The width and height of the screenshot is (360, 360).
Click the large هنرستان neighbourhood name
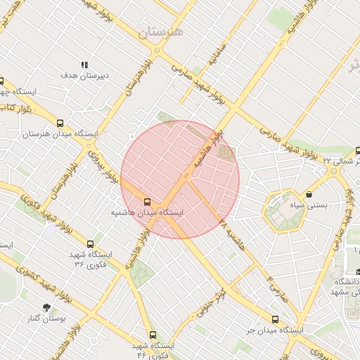[161, 32]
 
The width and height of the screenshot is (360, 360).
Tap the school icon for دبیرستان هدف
[85, 65]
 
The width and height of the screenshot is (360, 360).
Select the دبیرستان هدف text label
[78, 75]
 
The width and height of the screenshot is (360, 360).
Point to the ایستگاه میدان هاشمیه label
[148, 211]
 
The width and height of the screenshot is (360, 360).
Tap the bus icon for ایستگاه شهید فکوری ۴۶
[153, 335]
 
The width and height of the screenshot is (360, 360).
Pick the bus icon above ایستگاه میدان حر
[274, 318]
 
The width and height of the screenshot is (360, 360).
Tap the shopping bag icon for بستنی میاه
[309, 194]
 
